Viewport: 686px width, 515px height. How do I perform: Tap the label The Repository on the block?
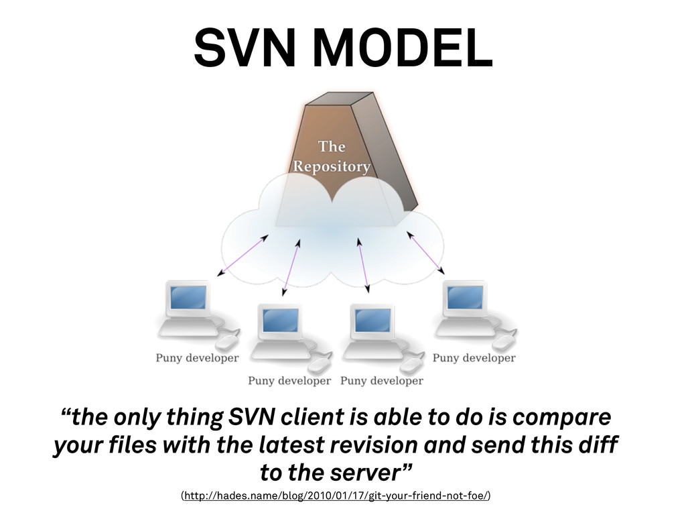point(332,156)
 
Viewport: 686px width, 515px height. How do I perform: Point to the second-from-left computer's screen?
point(280,321)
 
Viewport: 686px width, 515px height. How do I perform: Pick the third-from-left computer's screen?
point(372,321)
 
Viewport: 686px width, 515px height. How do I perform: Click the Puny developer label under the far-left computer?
point(197,358)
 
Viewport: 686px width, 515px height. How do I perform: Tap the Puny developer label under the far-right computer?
point(474,358)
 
